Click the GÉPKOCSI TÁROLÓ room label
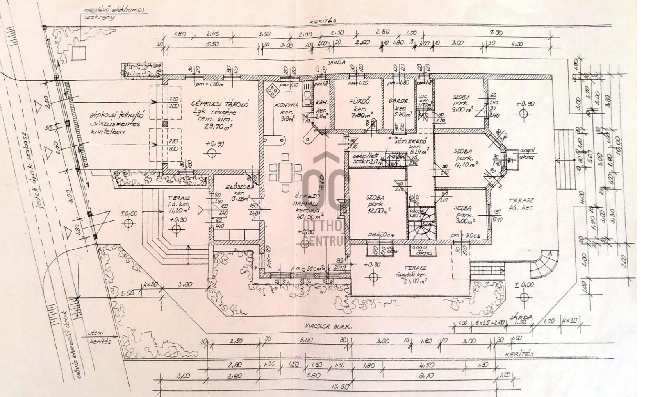pyautogui.click(x=220, y=104)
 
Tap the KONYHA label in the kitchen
pyautogui.click(x=286, y=105)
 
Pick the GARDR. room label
pyautogui.click(x=398, y=101)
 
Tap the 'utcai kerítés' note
pyautogui.click(x=100, y=338)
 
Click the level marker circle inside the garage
pyautogui.click(x=212, y=153)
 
